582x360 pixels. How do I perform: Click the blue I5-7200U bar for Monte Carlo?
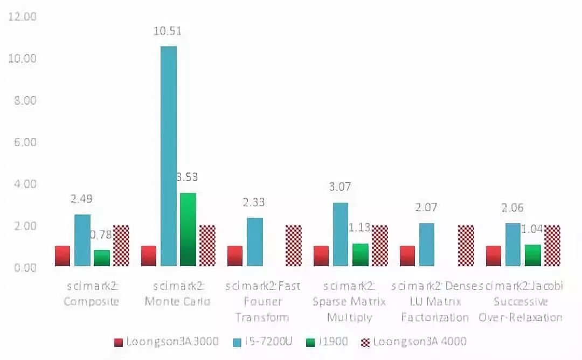[x=169, y=156]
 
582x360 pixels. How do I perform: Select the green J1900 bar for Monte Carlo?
[x=188, y=229]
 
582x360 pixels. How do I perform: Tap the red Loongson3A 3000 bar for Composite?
[x=63, y=256]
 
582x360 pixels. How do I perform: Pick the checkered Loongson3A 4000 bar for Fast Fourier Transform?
[x=293, y=246]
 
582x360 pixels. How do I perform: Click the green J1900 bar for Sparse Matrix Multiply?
[x=361, y=255]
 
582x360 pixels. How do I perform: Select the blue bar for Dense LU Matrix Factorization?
[x=427, y=245]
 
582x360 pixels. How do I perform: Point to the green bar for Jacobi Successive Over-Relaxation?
[x=533, y=255]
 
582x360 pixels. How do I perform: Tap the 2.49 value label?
[x=82, y=199]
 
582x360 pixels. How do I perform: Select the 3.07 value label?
[x=341, y=188]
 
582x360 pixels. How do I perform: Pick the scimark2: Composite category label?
[x=91, y=294]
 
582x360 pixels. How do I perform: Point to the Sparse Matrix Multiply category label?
[x=349, y=302]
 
